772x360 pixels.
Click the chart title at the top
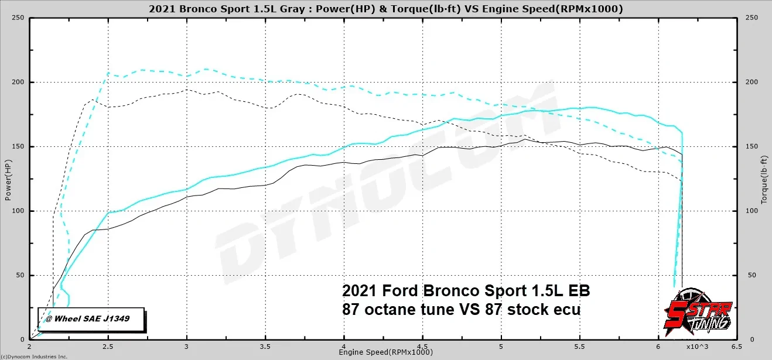click(386, 9)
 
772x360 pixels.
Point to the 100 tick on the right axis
click(751, 211)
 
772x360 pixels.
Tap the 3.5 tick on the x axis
click(265, 346)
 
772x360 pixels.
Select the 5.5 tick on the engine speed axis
click(580, 346)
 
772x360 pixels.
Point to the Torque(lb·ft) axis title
click(764, 179)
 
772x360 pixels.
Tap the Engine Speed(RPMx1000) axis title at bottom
click(385, 352)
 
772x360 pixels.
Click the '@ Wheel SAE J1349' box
click(91, 318)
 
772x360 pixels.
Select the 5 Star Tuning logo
click(698, 316)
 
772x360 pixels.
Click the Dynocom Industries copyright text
click(34, 356)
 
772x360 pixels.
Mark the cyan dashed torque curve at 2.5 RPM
click(108, 73)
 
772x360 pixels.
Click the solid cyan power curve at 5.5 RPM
click(580, 108)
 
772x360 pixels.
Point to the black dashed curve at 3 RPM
click(186, 90)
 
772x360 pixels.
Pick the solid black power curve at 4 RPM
click(344, 162)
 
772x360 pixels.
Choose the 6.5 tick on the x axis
click(737, 346)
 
